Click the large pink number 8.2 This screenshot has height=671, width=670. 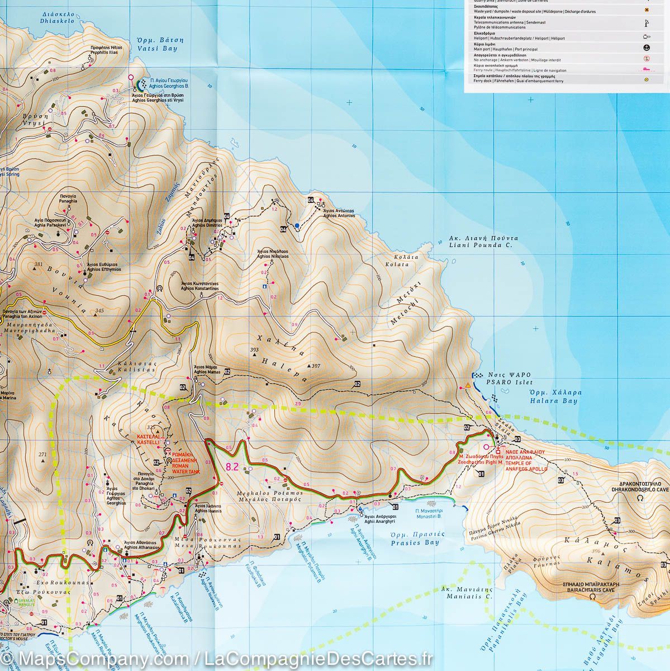(x=232, y=466)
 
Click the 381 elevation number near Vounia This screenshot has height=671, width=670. (x=38, y=264)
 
